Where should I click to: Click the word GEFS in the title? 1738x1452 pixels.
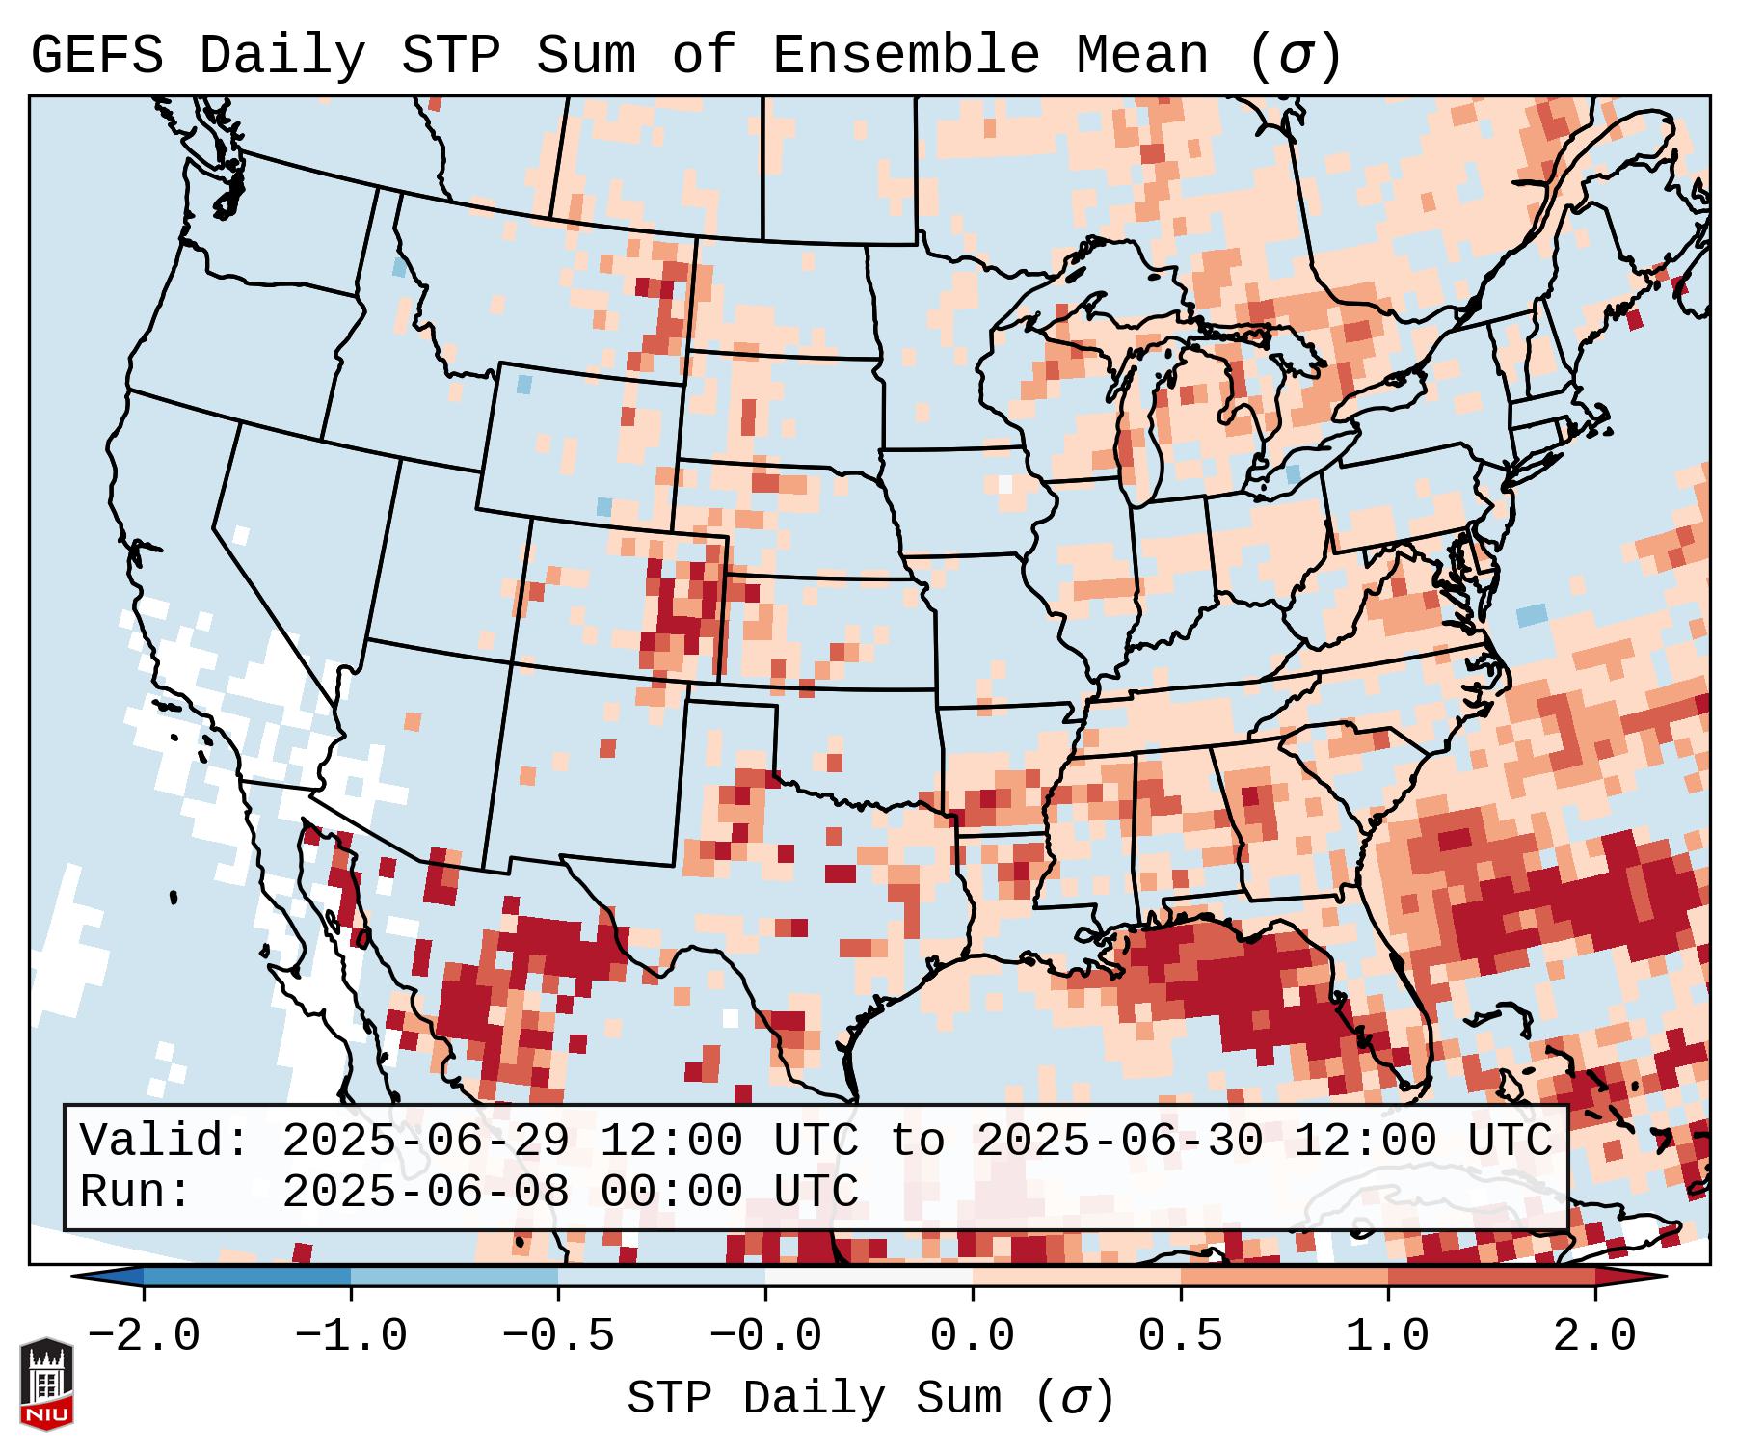(x=96, y=56)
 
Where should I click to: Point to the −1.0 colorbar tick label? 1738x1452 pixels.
(x=350, y=1336)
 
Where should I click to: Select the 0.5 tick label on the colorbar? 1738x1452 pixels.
(x=1180, y=1336)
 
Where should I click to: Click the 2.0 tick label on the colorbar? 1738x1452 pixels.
(x=1594, y=1336)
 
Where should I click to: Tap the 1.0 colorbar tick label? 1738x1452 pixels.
(x=1387, y=1336)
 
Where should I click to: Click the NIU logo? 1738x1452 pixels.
(x=46, y=1385)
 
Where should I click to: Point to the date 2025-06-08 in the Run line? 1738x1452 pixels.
(x=425, y=1193)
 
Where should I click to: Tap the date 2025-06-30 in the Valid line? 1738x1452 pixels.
(x=1119, y=1142)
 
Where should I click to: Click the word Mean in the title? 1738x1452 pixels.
(x=1141, y=56)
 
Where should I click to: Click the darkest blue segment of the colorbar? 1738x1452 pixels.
(x=247, y=1277)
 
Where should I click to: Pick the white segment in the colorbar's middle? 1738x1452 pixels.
(x=869, y=1277)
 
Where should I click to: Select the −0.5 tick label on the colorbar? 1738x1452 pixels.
(x=558, y=1336)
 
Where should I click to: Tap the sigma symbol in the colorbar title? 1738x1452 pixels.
(x=1075, y=1399)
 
